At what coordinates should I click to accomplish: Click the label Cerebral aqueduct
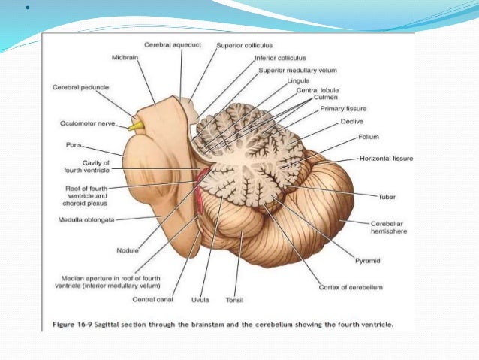click(173, 45)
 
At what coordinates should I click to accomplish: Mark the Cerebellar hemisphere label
click(390, 228)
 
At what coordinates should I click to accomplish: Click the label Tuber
click(387, 196)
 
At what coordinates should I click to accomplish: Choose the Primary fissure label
click(343, 108)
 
